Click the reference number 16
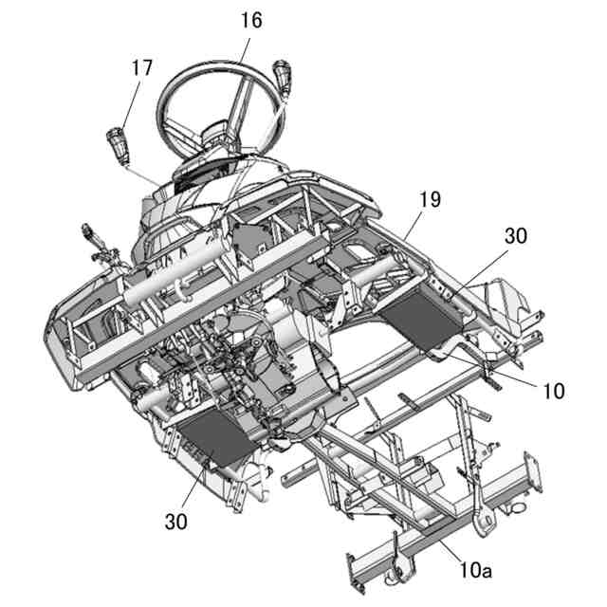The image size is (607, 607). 251,19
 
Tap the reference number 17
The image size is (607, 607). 142,67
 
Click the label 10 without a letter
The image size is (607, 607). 555,390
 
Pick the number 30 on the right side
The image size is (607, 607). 516,237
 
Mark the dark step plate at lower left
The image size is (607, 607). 211,441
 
